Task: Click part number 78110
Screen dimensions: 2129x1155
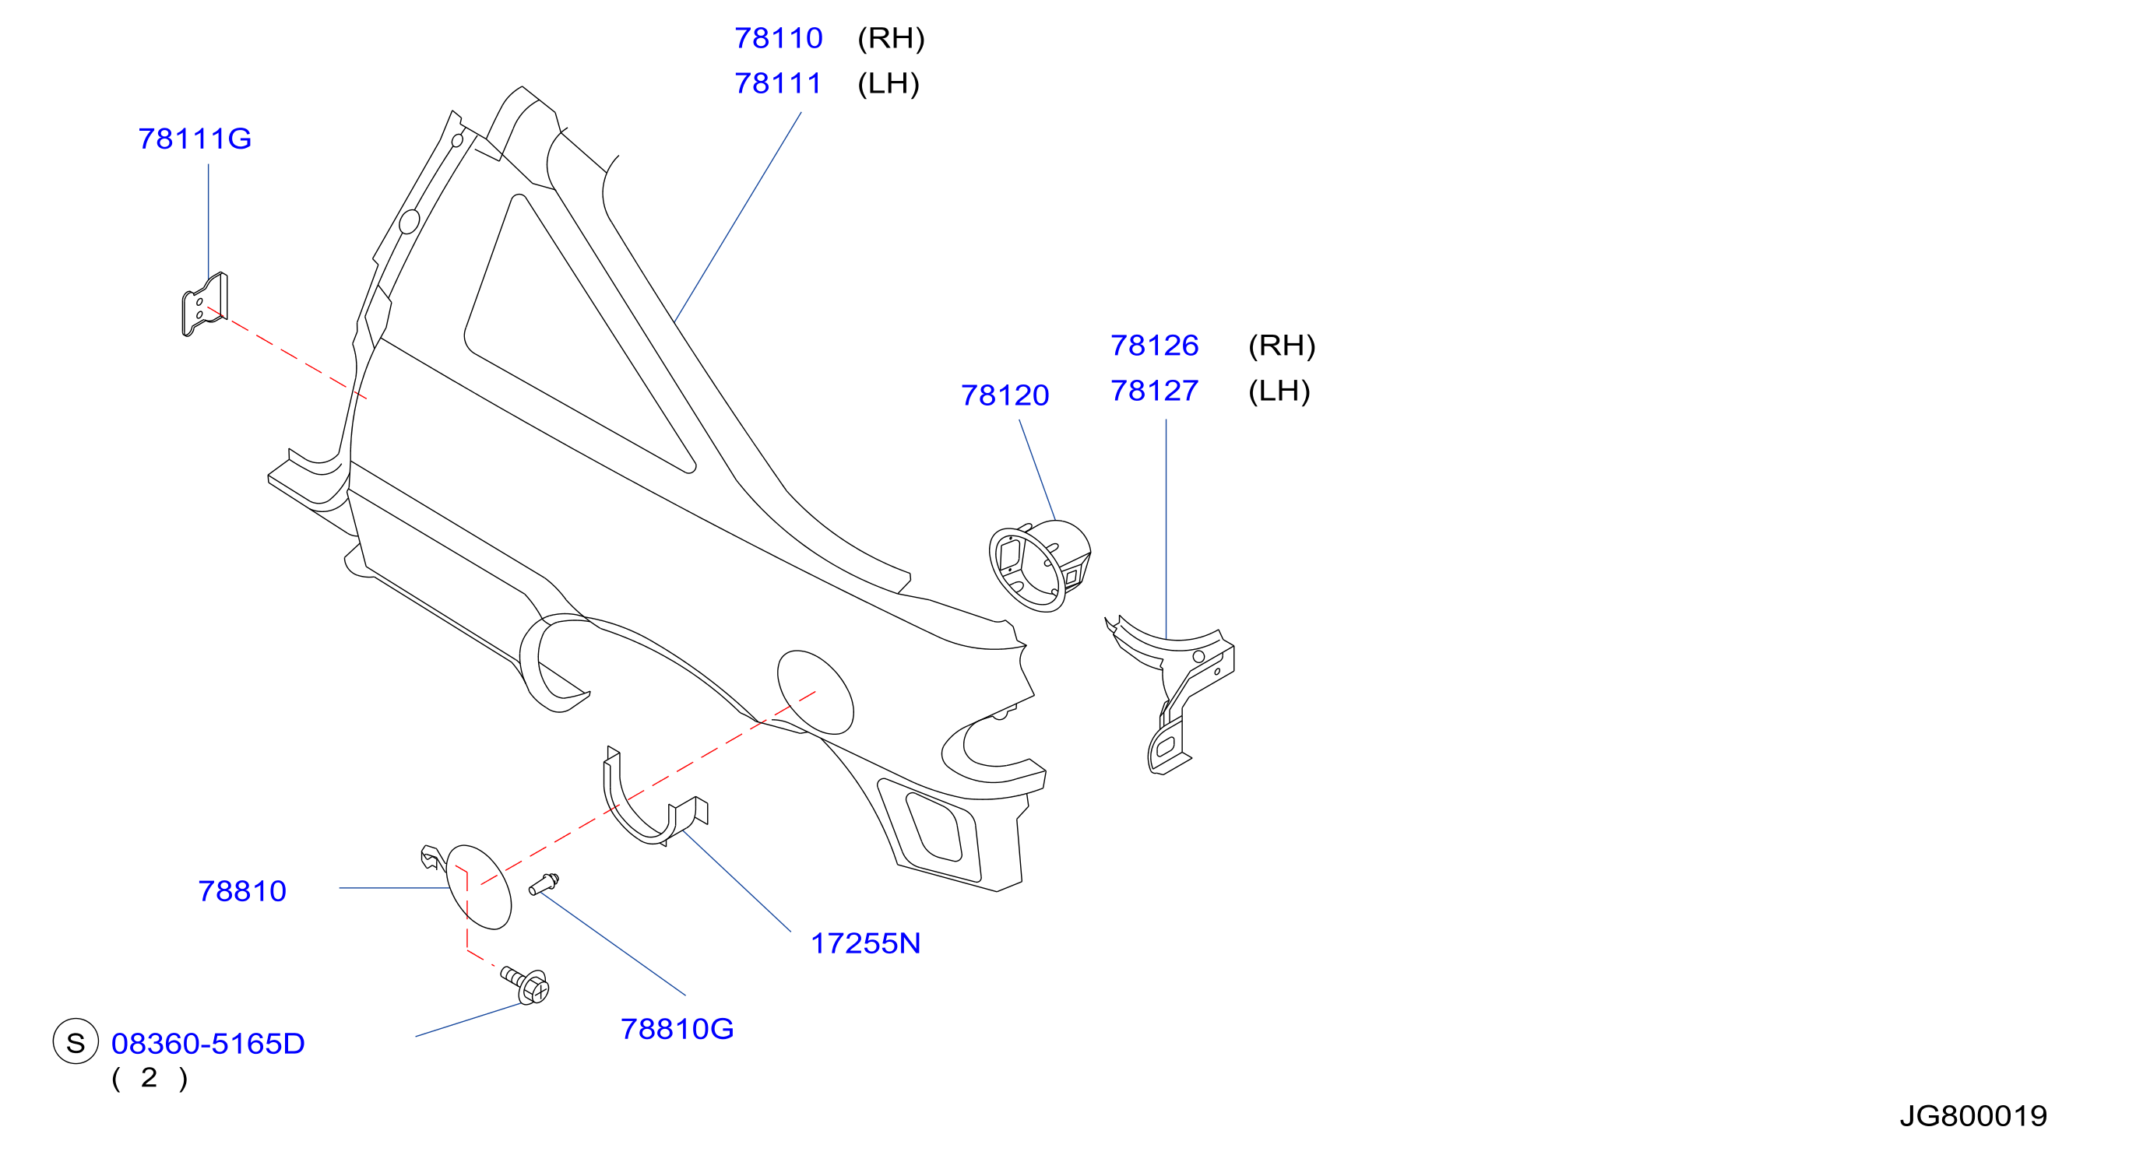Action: [x=778, y=38]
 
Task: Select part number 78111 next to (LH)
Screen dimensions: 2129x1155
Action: [x=778, y=83]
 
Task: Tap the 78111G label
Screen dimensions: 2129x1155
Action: [x=194, y=139]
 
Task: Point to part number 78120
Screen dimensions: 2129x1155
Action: [x=1005, y=395]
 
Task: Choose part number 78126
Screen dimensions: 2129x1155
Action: [x=1154, y=346]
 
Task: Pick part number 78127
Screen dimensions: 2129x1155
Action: [x=1154, y=391]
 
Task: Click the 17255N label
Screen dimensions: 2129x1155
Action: [x=865, y=943]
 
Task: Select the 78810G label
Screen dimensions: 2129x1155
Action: [x=677, y=1030]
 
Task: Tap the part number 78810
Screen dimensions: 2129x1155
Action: [x=241, y=891]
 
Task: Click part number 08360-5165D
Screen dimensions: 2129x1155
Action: [x=207, y=1044]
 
